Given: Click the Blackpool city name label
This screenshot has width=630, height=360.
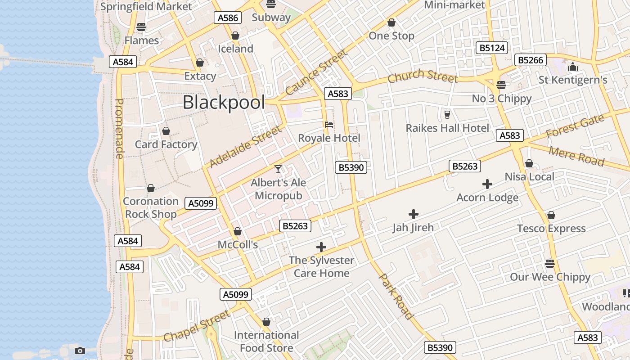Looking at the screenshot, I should coord(224,103).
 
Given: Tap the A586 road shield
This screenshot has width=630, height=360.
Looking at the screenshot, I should coord(228,18).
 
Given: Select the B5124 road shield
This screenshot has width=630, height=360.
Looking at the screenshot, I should coord(492,48).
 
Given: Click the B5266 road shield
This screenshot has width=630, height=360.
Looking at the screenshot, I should coord(531,60).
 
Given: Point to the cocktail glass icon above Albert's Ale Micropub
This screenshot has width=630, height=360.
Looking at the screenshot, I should coord(278,169).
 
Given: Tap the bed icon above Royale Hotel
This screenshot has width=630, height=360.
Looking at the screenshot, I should coord(329,125).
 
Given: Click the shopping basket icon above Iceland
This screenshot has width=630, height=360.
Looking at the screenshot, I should coord(235,36).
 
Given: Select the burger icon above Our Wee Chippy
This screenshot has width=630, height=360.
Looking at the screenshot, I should coord(549,263).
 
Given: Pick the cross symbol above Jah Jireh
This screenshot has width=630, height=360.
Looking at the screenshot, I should coord(413,214).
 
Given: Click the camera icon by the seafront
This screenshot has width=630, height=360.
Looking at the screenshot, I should coord(80,351).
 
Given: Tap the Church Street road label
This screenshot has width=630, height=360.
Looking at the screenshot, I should coord(423,76).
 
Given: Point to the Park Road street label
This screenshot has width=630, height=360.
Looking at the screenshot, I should coord(396,296).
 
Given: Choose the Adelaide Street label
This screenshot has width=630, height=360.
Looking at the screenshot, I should coord(246,146).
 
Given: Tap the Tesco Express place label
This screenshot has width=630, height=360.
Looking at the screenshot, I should coord(551,229).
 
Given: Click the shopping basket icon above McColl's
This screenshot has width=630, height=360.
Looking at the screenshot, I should coord(237,232).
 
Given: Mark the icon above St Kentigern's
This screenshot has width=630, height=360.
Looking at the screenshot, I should coord(573,67).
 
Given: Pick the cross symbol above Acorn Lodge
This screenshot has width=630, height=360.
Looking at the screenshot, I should coord(487,184).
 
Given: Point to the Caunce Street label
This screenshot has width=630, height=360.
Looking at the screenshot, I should coord(316,72).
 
